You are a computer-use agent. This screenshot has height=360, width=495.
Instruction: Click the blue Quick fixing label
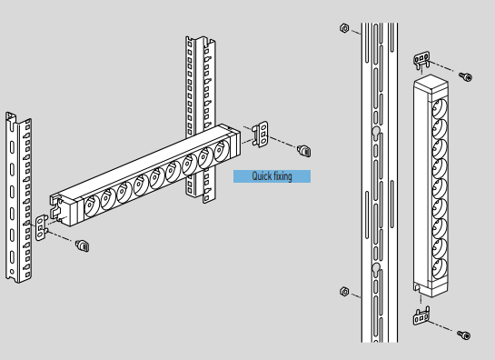point(272,176)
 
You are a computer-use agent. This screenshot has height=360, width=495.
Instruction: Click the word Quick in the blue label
point(260,176)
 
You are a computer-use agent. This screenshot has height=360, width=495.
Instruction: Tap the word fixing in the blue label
point(282,176)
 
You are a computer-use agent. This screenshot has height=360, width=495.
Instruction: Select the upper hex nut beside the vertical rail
point(344,28)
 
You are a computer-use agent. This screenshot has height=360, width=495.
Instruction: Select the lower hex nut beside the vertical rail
point(344,291)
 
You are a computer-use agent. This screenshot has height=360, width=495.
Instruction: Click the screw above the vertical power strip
point(466,76)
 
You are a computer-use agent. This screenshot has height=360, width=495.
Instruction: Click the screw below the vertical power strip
point(464,335)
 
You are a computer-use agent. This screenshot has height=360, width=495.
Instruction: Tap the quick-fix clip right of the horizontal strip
point(304,150)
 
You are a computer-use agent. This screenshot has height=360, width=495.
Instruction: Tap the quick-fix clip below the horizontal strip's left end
point(83,245)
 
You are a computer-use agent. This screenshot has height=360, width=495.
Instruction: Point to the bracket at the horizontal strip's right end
point(261,135)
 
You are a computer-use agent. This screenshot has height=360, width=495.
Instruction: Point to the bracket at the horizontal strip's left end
point(42,227)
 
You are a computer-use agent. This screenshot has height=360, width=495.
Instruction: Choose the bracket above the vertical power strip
point(421,60)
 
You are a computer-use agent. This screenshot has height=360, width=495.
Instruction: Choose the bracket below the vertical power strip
point(421,316)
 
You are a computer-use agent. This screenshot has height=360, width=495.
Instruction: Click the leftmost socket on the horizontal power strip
point(92,206)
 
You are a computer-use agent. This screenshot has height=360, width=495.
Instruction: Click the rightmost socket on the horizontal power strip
point(222,151)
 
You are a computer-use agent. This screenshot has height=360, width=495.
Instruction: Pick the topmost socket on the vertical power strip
point(441,108)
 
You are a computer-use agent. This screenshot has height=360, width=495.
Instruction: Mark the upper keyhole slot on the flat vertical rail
point(376,133)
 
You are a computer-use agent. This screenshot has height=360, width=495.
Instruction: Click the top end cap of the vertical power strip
point(431,84)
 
